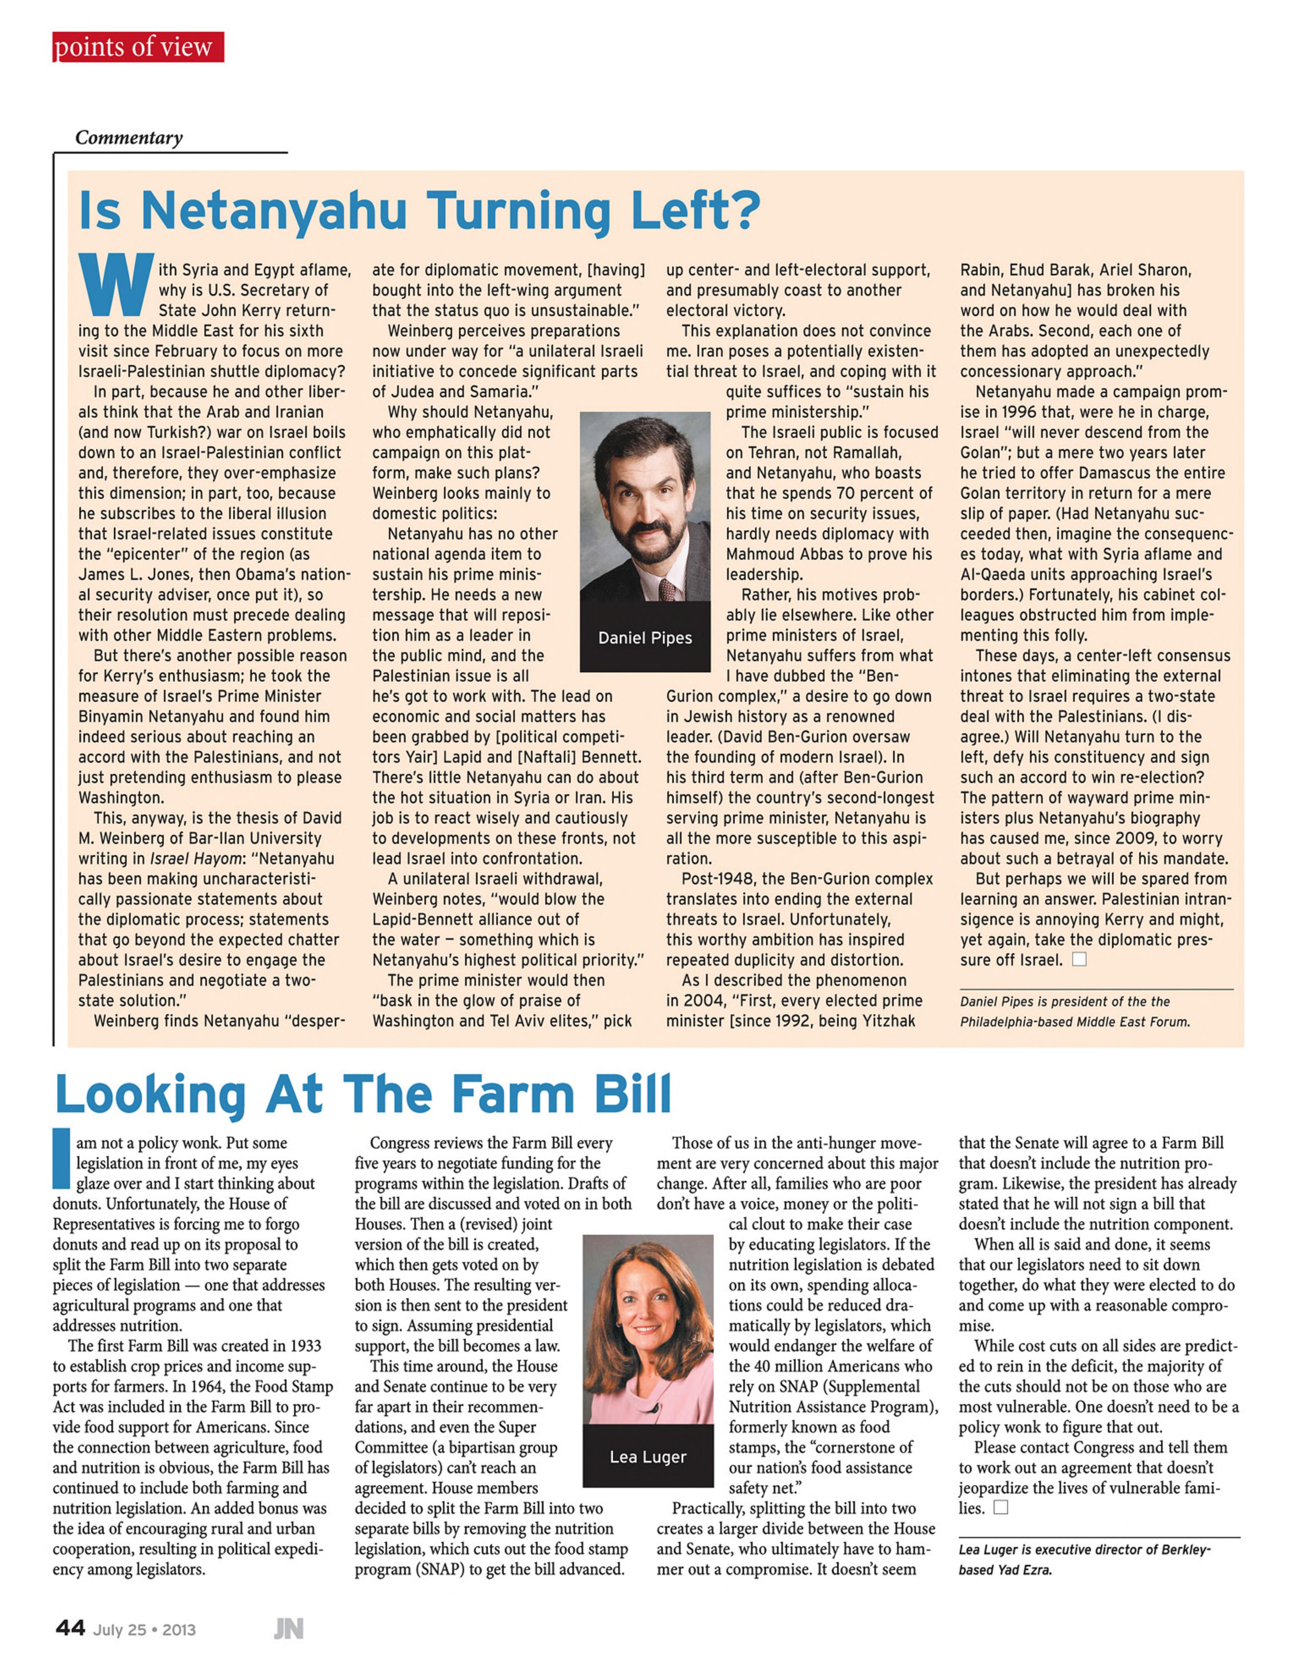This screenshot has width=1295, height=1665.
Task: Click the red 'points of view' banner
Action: point(138,47)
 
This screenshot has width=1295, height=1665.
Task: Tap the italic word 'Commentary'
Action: point(129,138)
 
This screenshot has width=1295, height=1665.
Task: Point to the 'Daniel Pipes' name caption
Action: point(645,638)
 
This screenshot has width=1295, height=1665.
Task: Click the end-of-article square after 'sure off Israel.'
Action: point(1079,959)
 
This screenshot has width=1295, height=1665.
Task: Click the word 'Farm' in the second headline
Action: point(513,1095)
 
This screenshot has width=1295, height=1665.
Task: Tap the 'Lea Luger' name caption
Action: point(648,1457)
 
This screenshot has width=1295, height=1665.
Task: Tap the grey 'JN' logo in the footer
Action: point(289,1629)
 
